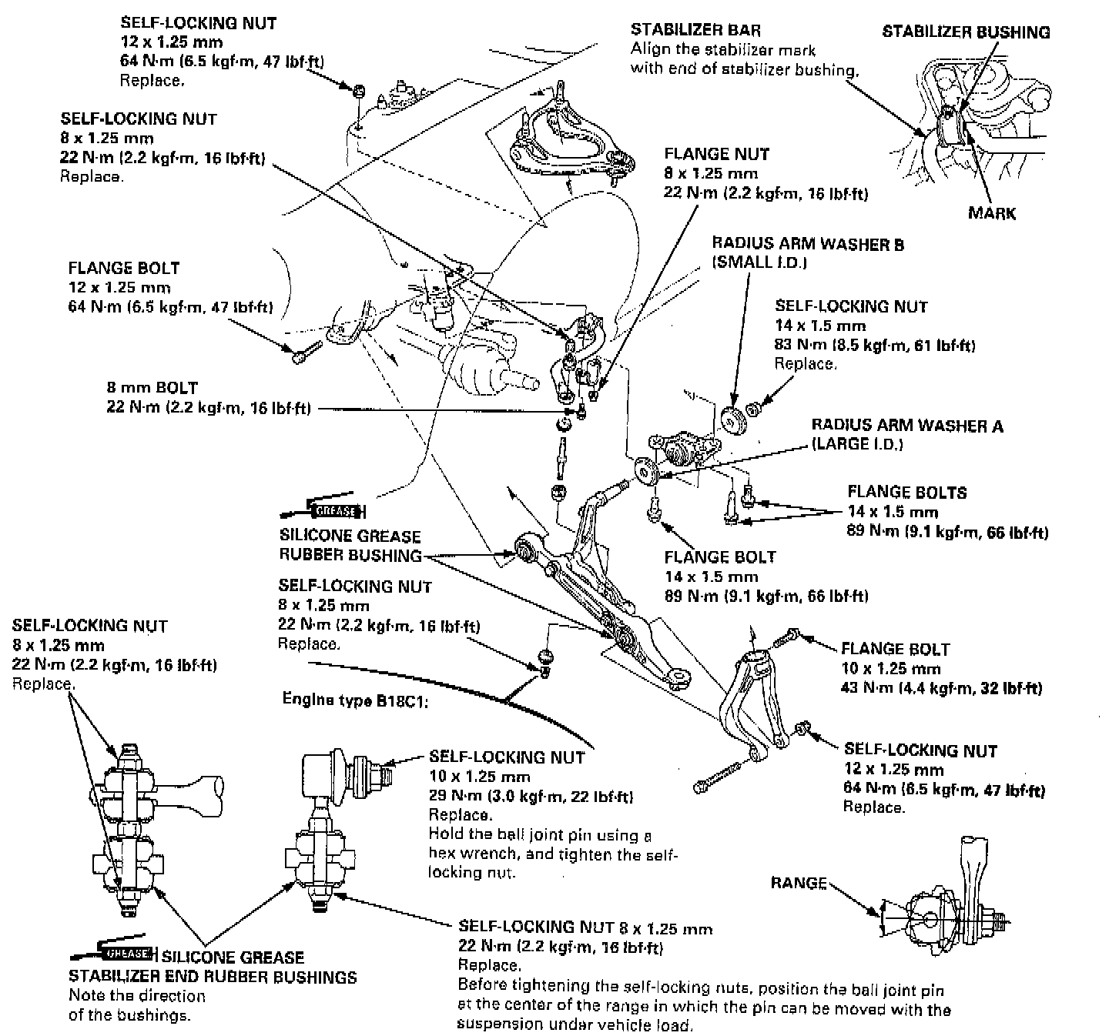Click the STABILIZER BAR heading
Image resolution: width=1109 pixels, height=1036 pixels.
click(695, 30)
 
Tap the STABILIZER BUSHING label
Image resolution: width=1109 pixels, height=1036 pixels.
click(966, 32)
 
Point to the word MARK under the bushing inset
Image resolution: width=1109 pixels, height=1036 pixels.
click(992, 213)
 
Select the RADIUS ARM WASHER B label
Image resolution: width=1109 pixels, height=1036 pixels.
click(808, 245)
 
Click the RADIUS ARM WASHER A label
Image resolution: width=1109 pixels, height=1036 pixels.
click(907, 426)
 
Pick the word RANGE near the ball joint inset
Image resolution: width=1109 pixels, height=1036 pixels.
click(799, 883)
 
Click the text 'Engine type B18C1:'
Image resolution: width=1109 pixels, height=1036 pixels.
click(354, 700)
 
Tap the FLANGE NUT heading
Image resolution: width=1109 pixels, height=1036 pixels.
click(716, 154)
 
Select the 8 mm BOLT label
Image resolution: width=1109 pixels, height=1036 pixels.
click(152, 388)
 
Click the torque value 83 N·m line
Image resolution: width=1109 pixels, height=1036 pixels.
click(875, 345)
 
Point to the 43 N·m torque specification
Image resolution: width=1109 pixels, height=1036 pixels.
click(941, 687)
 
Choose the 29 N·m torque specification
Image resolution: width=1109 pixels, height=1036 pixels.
click(531, 796)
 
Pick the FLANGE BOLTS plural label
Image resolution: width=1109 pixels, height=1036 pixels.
click(906, 493)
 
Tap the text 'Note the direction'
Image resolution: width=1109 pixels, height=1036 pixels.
click(137, 996)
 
